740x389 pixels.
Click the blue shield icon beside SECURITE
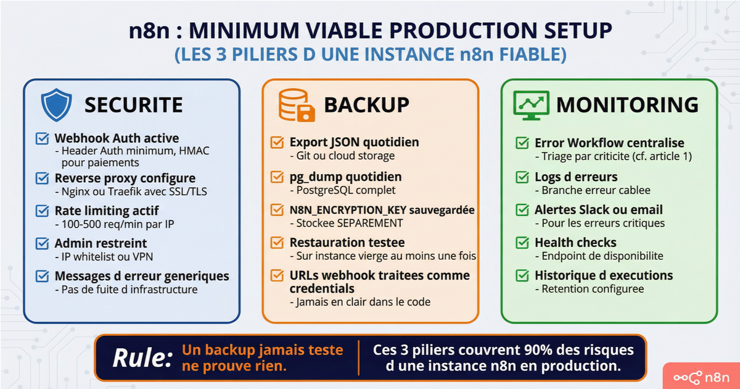point(56,104)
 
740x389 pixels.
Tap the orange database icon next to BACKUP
point(297,105)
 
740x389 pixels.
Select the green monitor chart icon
point(531,105)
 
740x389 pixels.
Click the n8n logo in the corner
point(701,377)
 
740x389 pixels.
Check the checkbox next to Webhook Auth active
point(43,138)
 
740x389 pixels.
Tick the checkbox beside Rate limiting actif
point(43,211)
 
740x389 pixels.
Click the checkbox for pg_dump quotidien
point(277,177)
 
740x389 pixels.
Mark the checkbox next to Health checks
point(522,243)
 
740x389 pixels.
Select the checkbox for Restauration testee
point(277,243)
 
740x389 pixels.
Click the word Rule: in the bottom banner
point(142,358)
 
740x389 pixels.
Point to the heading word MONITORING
point(627,105)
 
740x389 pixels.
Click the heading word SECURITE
point(133,105)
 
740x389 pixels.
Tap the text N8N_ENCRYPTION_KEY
point(348,211)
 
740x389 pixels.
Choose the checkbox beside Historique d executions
point(522,275)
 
